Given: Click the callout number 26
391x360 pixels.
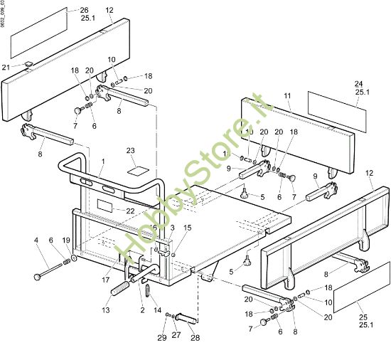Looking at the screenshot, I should [85, 10].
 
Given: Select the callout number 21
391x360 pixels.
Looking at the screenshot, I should [6, 67].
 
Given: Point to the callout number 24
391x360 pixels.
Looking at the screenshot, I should [359, 83].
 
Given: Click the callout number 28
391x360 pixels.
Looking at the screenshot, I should [195, 338].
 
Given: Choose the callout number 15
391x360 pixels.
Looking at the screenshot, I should [188, 228].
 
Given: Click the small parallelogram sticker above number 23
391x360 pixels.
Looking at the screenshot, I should [137, 171].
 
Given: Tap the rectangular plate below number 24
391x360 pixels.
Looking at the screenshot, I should [338, 112].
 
